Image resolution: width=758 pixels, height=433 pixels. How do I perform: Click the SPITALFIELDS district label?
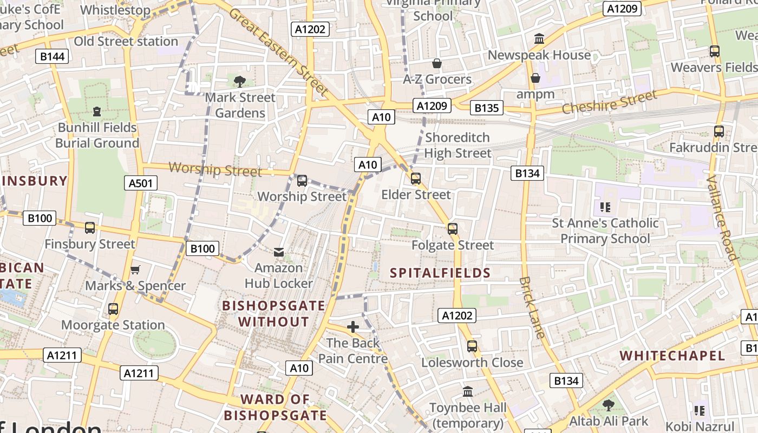tap(440, 273)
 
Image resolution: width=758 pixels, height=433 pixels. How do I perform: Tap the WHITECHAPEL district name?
tap(672, 356)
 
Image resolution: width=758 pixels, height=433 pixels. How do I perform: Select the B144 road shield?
tap(53, 56)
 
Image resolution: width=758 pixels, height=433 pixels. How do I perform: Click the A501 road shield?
tap(141, 183)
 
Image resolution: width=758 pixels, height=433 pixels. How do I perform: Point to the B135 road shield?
tap(486, 108)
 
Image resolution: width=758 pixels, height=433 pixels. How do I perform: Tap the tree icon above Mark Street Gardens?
tap(239, 82)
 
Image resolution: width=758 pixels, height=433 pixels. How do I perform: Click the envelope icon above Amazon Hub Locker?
tap(279, 252)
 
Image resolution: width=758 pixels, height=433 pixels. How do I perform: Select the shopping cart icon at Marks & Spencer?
tap(135, 270)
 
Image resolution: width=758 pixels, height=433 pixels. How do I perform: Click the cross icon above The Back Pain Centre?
tap(353, 327)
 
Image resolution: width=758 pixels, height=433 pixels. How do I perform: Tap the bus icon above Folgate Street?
tap(453, 229)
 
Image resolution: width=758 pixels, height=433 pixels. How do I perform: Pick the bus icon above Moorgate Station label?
tap(113, 309)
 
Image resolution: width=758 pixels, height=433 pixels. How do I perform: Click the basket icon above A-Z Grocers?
tap(437, 64)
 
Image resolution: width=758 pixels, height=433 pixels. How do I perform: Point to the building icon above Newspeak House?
tap(539, 39)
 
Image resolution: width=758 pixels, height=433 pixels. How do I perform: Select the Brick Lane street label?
tap(532, 307)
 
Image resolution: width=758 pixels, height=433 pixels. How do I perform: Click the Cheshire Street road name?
tap(609, 102)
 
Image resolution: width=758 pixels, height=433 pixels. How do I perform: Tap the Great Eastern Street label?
tap(279, 51)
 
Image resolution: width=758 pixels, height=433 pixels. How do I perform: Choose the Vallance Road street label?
tap(723, 218)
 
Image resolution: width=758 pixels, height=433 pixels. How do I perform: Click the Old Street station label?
tap(126, 41)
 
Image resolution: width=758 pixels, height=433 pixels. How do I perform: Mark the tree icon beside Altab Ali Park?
tap(609, 405)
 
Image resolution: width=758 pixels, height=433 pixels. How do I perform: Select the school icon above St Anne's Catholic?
tap(605, 207)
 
